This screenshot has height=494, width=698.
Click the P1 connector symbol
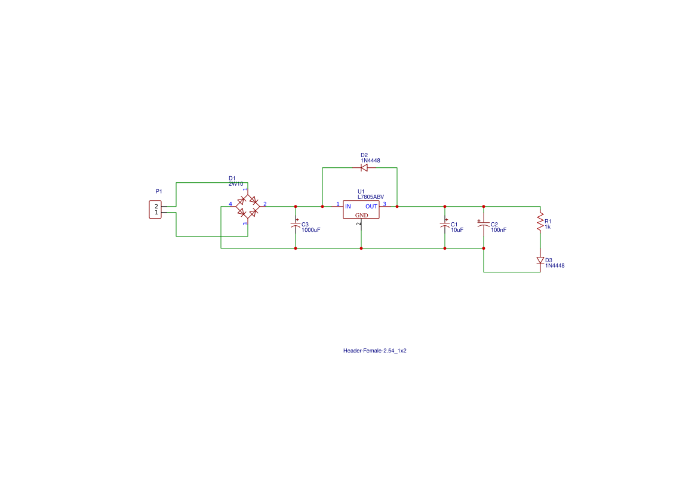pos(155,210)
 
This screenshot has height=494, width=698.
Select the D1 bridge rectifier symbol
pos(247,206)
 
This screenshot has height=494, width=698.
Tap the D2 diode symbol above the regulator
pos(364,168)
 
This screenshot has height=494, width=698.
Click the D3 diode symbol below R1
pos(540,260)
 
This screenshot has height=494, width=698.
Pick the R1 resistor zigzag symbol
pos(540,222)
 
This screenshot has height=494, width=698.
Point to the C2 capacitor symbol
pos(484,225)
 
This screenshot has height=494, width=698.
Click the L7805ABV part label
pos(371,197)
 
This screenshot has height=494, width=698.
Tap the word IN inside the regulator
pos(348,206)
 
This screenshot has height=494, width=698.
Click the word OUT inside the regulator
pos(371,206)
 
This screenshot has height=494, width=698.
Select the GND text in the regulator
pos(362,215)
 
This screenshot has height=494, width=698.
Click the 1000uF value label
pos(311,230)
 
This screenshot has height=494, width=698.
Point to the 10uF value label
pos(457,230)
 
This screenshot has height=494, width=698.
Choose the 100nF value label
pos(499,230)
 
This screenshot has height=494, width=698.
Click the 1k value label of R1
pos(548,227)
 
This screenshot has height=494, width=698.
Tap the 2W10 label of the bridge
pos(236,184)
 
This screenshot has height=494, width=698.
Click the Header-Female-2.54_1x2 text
pos(374,351)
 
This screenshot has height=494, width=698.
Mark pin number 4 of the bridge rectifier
pos(230,204)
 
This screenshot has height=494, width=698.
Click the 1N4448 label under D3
pos(555,266)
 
